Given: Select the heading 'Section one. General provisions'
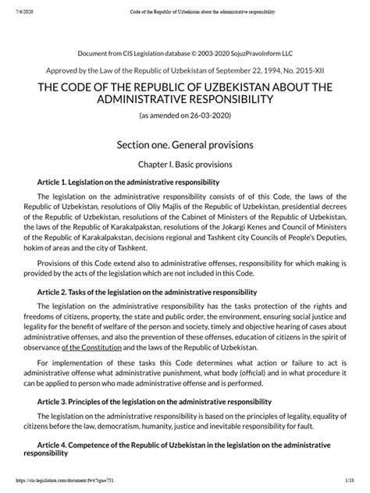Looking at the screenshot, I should [x=185, y=144].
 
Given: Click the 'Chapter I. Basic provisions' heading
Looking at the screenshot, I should [x=185, y=165].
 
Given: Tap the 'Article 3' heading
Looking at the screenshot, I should [x=149, y=402].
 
